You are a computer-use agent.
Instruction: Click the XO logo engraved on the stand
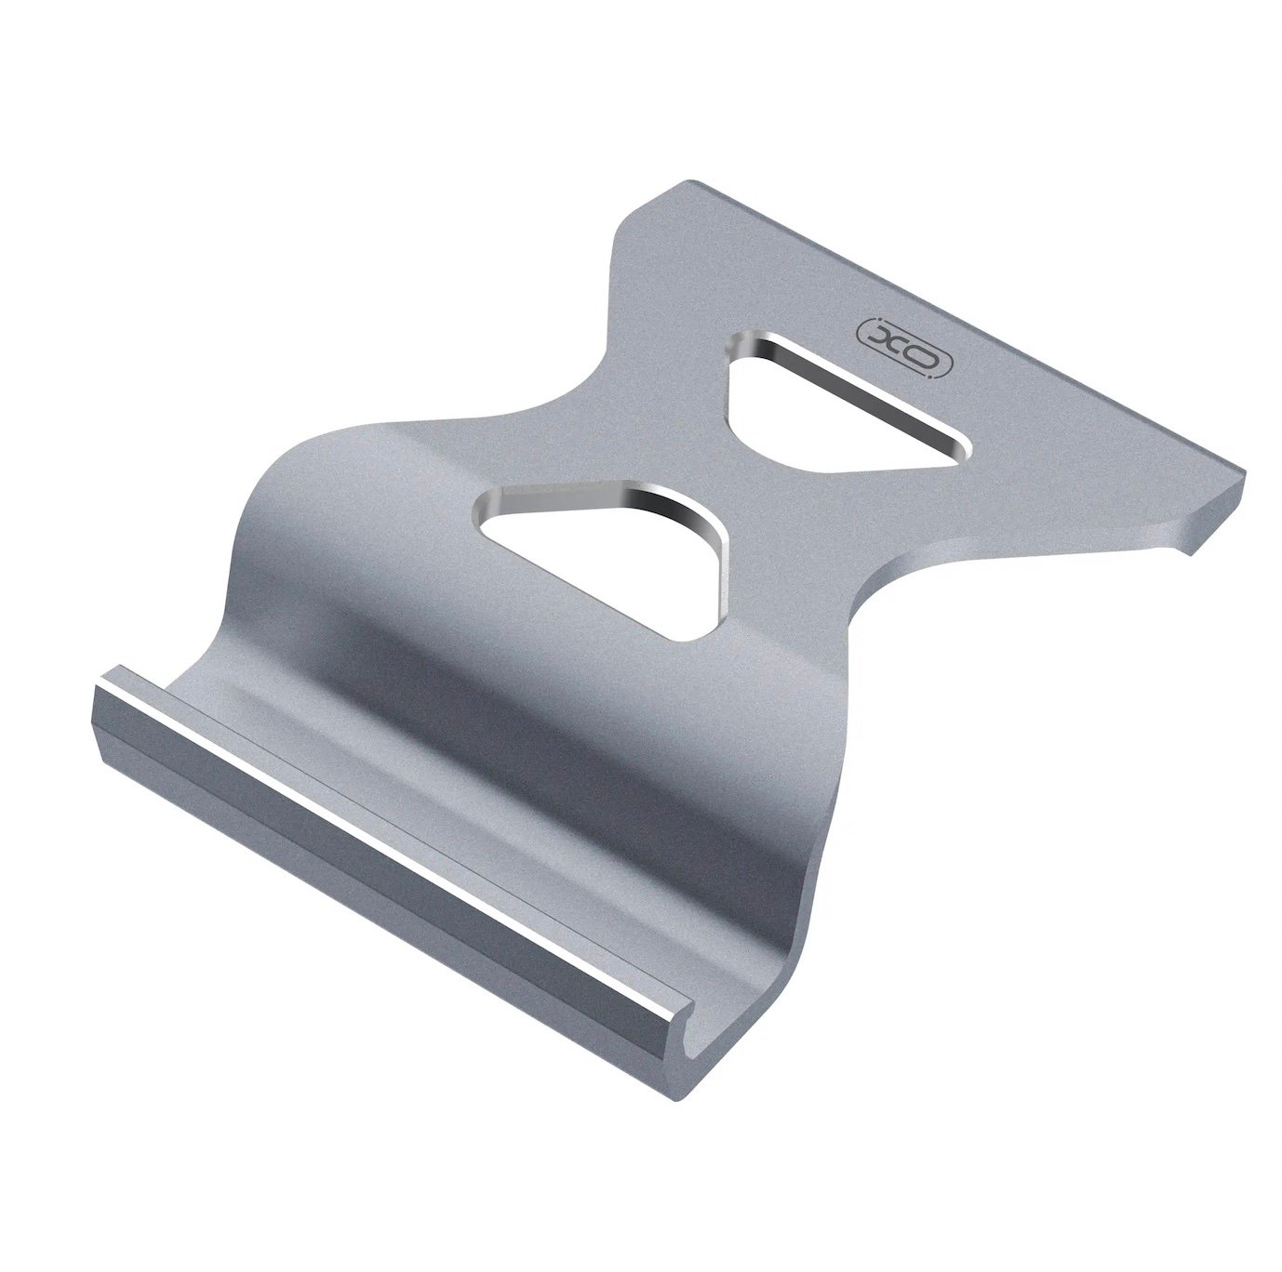point(902,347)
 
